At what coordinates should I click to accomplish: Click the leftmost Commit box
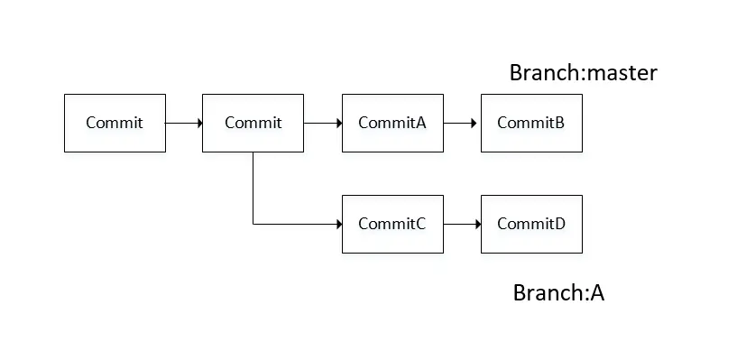115,123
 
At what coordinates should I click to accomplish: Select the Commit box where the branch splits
253,123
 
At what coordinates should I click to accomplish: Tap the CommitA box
392,123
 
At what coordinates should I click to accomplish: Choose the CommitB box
531,123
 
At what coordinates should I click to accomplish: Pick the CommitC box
392,224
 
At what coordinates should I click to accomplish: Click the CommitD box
531,224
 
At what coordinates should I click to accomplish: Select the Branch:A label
558,292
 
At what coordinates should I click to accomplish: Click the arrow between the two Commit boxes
183,123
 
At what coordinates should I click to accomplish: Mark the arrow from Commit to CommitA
323,123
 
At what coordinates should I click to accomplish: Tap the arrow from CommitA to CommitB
462,123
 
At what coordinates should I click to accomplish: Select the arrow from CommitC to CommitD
462,224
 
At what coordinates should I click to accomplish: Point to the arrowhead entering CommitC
337,224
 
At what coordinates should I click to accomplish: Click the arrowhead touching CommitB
476,123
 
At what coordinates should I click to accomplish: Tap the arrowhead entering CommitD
476,224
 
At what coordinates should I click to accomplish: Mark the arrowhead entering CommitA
337,123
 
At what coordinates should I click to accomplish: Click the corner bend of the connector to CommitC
253,224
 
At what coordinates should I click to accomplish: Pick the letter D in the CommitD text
560,224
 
